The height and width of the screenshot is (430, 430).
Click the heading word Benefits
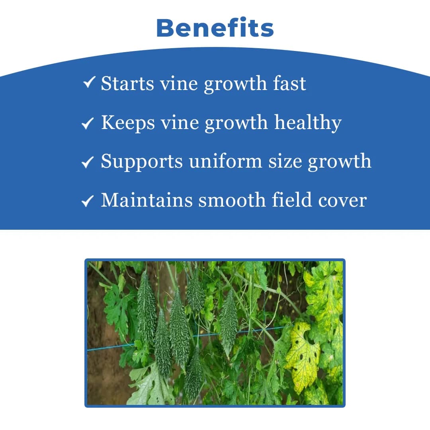(215, 28)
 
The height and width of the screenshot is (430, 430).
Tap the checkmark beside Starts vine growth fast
(89, 82)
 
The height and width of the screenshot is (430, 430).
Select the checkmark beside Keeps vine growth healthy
(88, 123)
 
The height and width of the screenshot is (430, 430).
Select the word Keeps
(128, 123)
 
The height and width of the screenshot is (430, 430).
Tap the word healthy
(308, 123)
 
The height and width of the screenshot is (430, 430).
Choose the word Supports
(142, 162)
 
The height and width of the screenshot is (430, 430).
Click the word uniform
(225, 161)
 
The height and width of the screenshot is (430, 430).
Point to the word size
(285, 162)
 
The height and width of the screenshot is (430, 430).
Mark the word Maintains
(147, 200)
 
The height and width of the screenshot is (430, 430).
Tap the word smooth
(232, 200)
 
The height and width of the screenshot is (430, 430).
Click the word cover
(342, 201)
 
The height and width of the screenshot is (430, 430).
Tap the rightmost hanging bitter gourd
(228, 324)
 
